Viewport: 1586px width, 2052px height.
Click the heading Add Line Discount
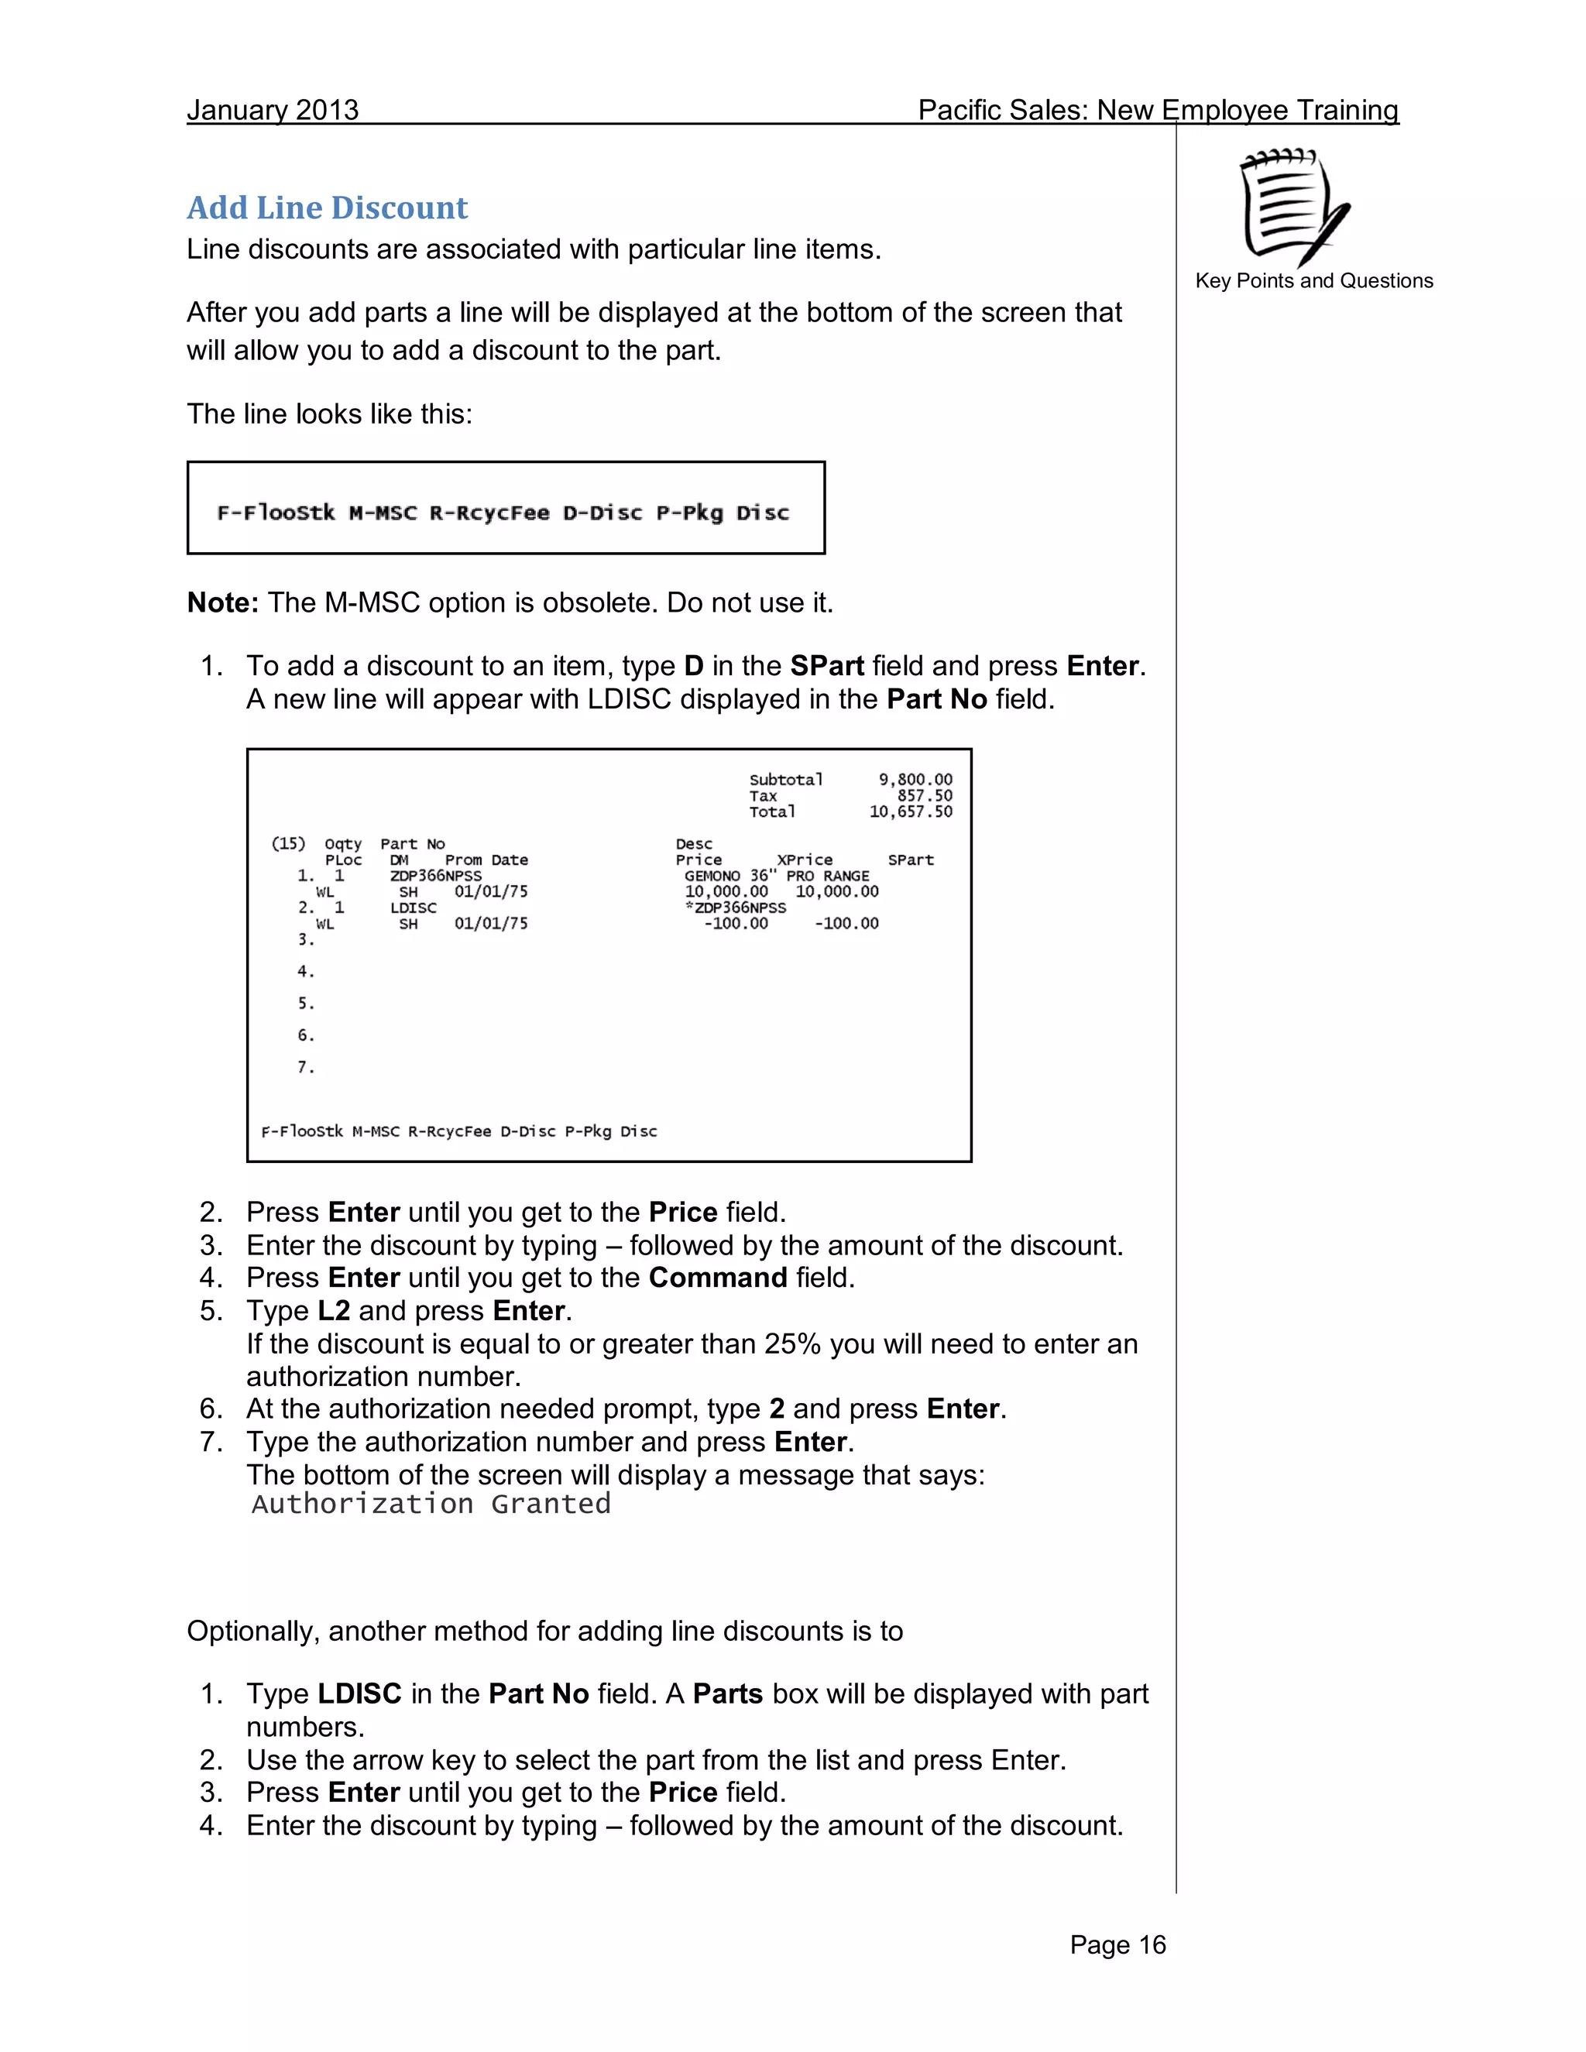click(x=327, y=208)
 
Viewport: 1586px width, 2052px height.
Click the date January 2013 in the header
click(x=273, y=110)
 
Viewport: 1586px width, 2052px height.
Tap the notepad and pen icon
click(x=1295, y=206)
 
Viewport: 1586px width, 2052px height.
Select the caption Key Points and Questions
click(x=1313, y=281)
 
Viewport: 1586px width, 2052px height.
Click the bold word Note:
click(x=223, y=602)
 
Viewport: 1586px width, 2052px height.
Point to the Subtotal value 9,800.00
click(x=915, y=780)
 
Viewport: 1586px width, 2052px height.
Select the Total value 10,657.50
click(x=911, y=812)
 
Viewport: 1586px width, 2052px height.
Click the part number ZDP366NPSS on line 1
click(x=436, y=876)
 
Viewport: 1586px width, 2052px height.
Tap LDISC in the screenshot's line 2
click(x=414, y=908)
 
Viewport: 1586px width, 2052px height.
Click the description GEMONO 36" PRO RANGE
click(x=776, y=876)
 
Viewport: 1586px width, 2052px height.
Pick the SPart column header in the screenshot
click(x=911, y=860)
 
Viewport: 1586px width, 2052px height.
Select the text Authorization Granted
click(x=431, y=1505)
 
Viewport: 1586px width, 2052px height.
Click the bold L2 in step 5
click(x=334, y=1311)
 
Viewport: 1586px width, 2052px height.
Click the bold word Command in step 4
click(x=718, y=1278)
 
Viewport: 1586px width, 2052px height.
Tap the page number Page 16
click(x=1117, y=1945)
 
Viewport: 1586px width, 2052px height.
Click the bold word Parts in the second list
click(x=727, y=1694)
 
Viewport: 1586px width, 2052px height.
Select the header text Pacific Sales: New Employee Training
click(x=1158, y=110)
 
